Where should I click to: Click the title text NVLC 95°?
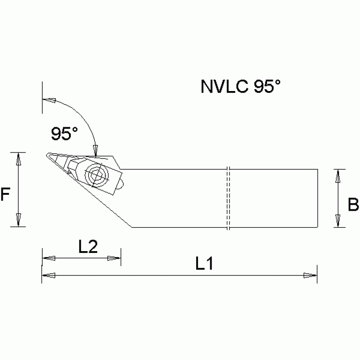click(x=241, y=87)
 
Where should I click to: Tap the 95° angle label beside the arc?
click(x=64, y=134)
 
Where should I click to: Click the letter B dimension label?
click(x=353, y=205)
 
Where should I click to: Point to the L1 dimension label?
click(x=205, y=264)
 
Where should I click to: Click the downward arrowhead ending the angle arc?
click(x=95, y=150)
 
